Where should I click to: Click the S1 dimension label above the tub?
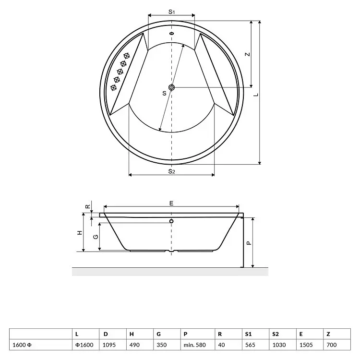172,12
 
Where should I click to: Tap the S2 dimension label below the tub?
172,171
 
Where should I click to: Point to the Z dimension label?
247,54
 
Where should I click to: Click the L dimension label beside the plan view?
256,95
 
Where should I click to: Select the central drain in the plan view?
171,87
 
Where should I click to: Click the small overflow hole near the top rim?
171,34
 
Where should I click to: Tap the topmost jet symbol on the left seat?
127,56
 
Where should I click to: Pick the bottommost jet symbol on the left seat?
113,87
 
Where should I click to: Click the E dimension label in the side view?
171,203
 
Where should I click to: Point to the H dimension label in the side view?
80,233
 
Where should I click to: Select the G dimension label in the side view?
96,237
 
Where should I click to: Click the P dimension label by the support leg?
249,243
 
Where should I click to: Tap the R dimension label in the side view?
88,206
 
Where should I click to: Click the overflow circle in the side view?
171,221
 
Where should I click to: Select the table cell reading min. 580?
195,345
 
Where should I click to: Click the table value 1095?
109,345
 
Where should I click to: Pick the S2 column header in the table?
276,334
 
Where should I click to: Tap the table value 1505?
306,345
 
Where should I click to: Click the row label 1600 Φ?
22,345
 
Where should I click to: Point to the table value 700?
331,345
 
